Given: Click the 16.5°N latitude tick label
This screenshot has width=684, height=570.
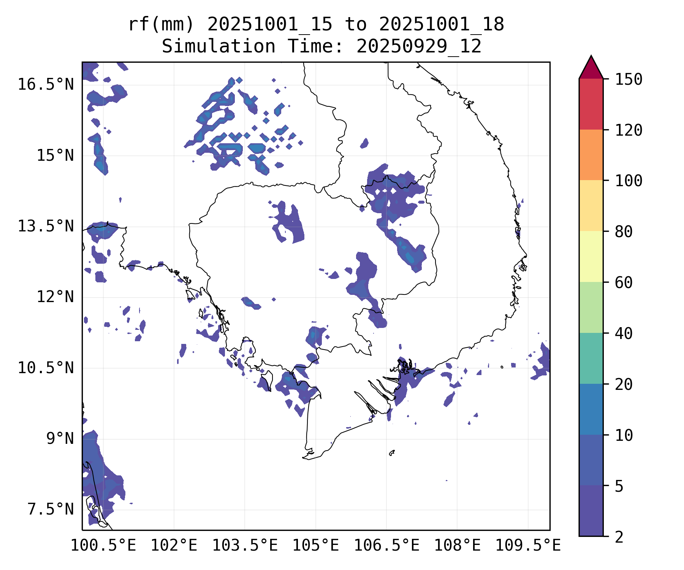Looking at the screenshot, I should (46, 84).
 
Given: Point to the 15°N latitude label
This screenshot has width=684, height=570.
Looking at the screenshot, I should (55, 155).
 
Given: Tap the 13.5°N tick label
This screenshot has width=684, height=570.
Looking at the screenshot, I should (46, 226).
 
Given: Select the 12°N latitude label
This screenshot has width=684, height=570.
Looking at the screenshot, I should (55, 297).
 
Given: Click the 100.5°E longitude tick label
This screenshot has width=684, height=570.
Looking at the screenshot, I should (103, 545).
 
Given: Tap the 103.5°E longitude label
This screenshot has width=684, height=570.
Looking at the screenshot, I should (245, 545).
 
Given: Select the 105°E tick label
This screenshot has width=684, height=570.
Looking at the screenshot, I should (315, 545).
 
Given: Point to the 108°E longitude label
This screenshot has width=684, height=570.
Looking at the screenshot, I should (457, 545).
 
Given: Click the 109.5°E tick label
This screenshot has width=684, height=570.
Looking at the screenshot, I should (528, 545).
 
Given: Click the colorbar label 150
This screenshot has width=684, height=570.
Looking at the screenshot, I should (629, 79).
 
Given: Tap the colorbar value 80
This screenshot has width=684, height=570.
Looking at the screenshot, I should (624, 231).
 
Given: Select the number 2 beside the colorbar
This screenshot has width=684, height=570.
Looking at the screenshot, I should (619, 537).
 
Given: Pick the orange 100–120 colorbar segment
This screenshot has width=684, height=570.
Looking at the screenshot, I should (591, 155).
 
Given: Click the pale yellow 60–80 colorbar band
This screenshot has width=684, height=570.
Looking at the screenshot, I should (591, 256).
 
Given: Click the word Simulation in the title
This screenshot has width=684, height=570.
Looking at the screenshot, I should (218, 47).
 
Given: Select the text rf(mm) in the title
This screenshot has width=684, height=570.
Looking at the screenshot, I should (161, 25).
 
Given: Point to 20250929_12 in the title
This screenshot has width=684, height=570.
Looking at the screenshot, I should (419, 47).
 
